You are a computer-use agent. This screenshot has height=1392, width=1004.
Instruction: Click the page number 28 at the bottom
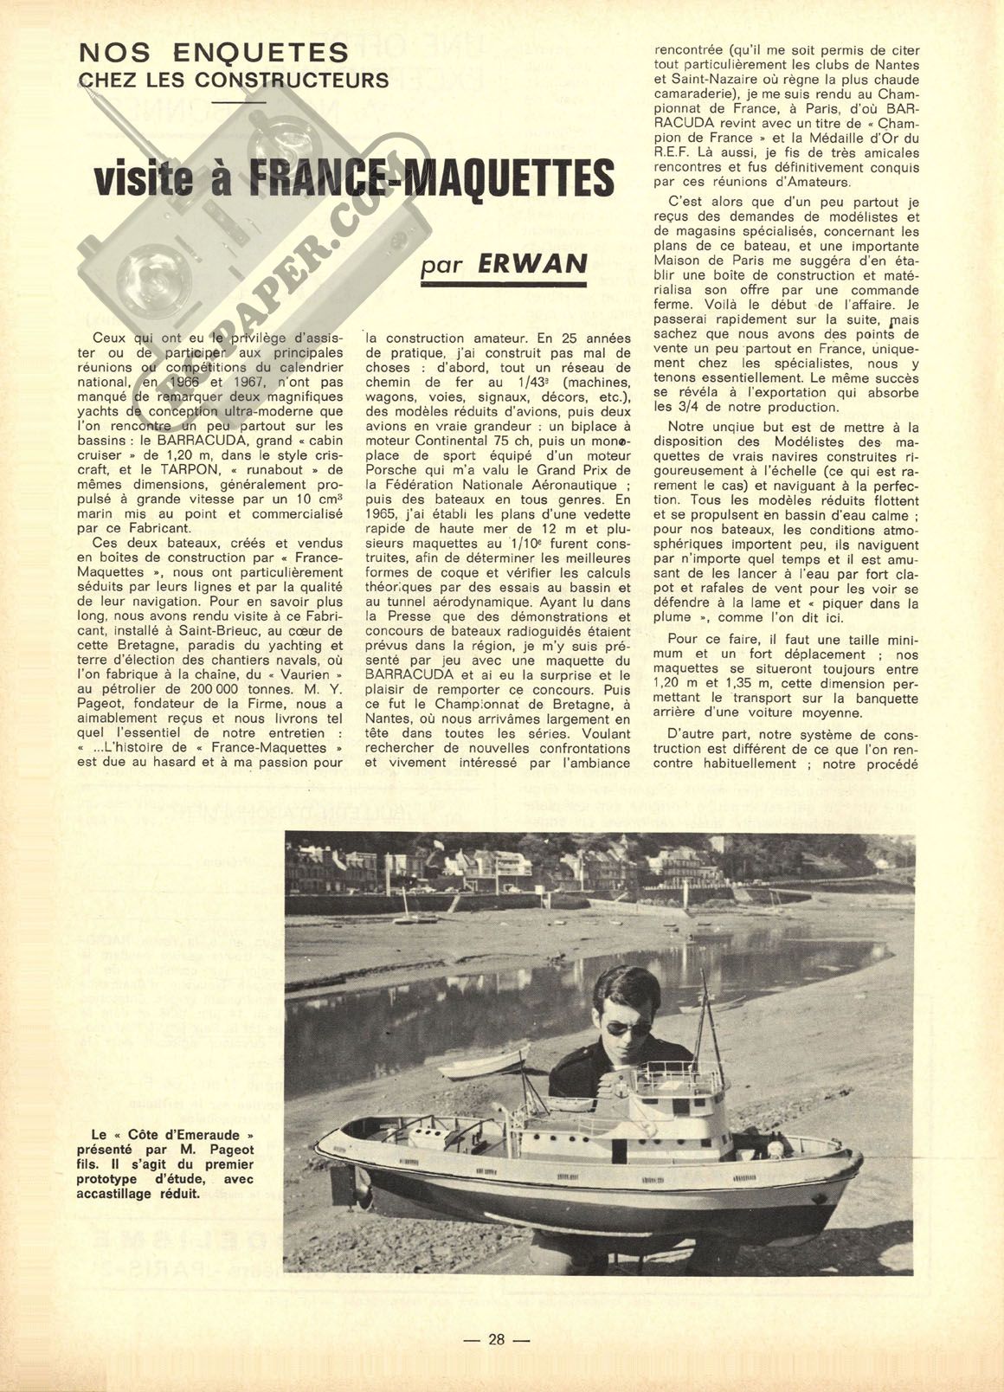[x=496, y=1338]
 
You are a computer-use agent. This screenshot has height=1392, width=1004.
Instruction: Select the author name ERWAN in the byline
[x=532, y=264]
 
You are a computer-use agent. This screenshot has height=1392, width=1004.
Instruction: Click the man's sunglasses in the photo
[x=627, y=1028]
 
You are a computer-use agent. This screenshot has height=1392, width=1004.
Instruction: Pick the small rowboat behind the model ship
[x=484, y=1061]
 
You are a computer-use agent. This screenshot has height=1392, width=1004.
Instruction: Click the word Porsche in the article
[x=392, y=470]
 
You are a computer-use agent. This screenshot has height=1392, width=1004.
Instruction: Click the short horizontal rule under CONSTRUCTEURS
[x=237, y=102]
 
